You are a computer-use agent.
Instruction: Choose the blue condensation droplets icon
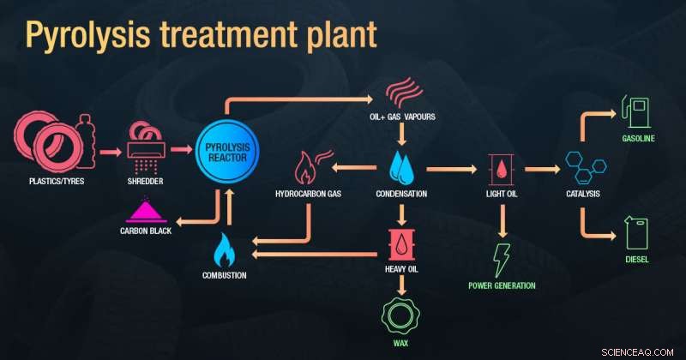click(401, 168)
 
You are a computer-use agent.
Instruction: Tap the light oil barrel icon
click(501, 169)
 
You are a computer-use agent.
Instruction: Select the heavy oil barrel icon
click(401, 244)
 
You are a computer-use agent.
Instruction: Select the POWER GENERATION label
click(502, 285)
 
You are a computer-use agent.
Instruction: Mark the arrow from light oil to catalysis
click(541, 169)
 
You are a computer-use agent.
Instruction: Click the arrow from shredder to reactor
click(183, 150)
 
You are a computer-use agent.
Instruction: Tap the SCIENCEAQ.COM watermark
click(645, 349)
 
